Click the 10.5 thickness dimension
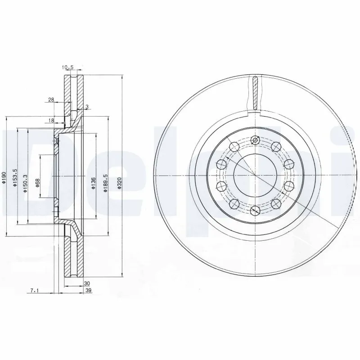click(67, 67)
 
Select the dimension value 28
click(51, 99)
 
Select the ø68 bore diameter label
click(37, 183)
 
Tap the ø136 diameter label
click(93, 183)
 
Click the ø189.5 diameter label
click(105, 183)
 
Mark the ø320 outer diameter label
click(119, 183)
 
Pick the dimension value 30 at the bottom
click(87, 283)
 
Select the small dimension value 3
click(86, 107)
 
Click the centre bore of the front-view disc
click(255, 175)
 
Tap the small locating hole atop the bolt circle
click(255, 140)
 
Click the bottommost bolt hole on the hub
click(255, 209)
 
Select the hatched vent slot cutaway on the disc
click(255, 94)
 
